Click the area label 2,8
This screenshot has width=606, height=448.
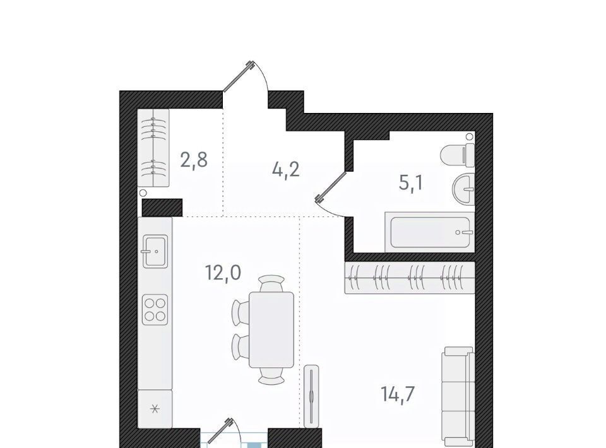(194, 160)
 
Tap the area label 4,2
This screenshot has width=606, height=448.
(286, 169)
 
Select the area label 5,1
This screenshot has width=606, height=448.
(411, 183)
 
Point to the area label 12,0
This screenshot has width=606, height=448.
(223, 273)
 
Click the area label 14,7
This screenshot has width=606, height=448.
(398, 394)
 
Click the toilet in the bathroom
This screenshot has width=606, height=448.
(458, 155)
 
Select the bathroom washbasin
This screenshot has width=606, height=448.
(463, 190)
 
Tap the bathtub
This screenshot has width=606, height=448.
(430, 232)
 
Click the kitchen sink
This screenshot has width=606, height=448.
(155, 251)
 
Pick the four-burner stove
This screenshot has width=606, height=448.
(155, 309)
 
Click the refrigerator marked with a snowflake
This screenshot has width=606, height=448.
(155, 409)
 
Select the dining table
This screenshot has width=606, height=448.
(271, 330)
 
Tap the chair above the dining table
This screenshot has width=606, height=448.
(272, 283)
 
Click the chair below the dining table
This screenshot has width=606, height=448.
(272, 376)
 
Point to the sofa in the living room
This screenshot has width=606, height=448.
(458, 397)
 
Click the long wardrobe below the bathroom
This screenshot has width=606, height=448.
(410, 278)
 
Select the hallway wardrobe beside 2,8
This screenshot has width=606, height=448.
(153, 148)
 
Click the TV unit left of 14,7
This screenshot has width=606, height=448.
(311, 396)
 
